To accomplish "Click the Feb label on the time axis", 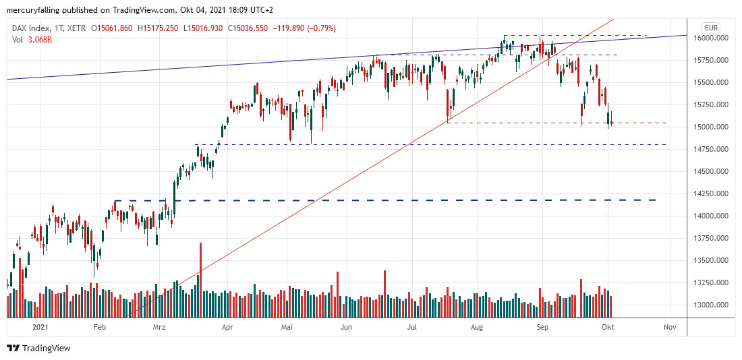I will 100,327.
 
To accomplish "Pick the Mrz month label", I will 159,327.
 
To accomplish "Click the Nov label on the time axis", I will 670,327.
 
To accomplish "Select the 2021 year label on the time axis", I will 40,327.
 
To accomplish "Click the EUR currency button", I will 710,28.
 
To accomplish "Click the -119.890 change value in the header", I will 285,28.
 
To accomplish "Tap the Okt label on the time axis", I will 608,327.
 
